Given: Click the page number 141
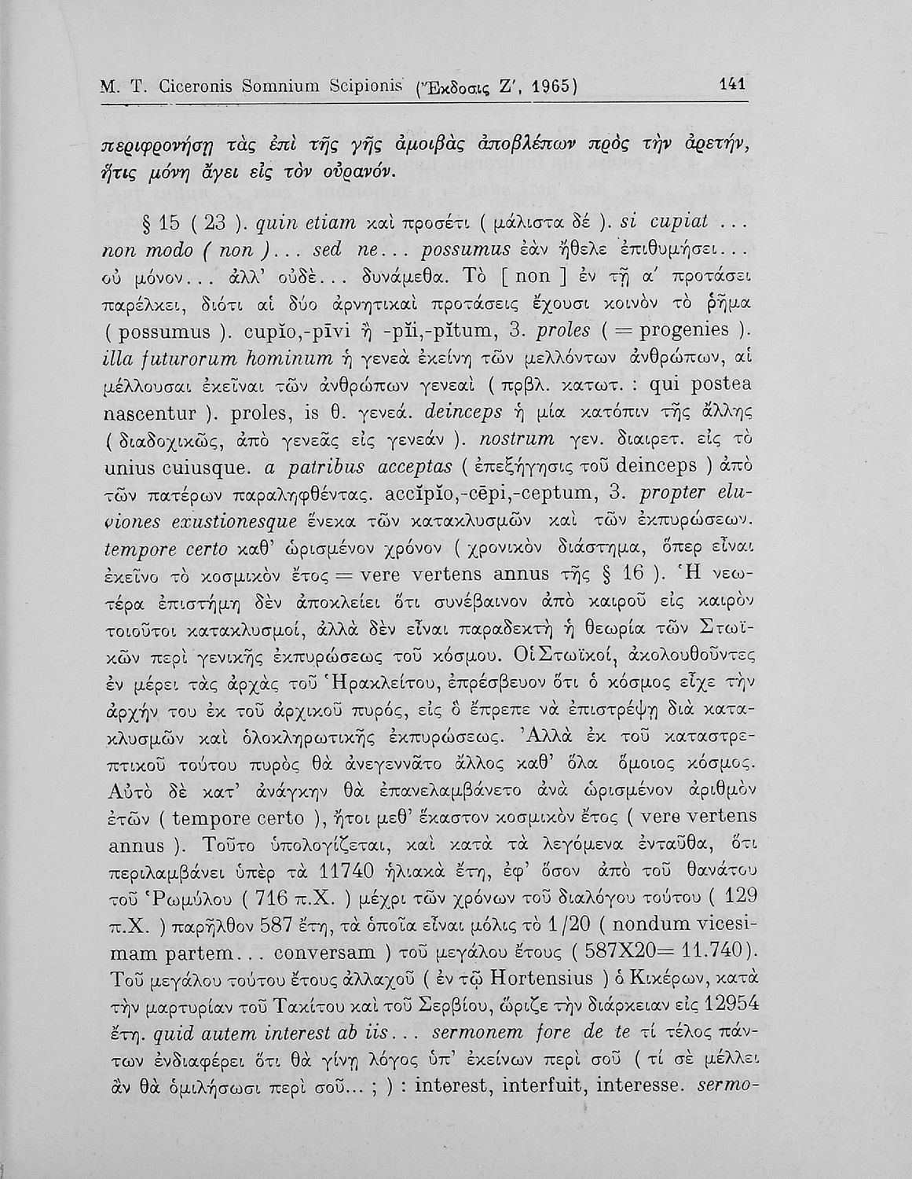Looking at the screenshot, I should coord(731,84).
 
